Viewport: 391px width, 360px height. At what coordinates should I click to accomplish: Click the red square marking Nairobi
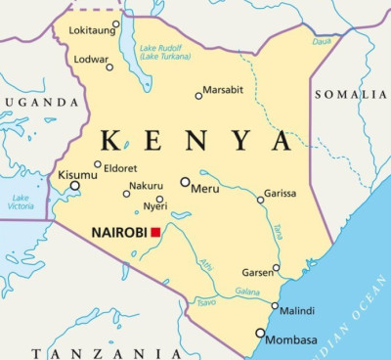click(155, 233)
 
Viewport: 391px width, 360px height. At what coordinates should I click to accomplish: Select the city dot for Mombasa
click(260, 333)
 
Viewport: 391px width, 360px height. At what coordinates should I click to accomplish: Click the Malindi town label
click(297, 311)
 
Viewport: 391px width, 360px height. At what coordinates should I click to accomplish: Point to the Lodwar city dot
click(109, 67)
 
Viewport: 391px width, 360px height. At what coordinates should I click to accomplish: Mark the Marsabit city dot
click(198, 96)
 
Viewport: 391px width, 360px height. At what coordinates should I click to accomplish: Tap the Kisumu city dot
click(74, 185)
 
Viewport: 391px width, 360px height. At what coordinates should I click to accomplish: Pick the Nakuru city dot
click(126, 194)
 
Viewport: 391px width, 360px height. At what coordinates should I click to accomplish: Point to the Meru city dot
click(185, 182)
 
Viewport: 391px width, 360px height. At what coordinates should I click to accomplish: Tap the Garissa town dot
click(260, 200)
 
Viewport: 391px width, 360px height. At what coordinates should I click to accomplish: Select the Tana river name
click(277, 231)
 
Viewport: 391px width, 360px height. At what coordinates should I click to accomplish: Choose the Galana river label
click(247, 292)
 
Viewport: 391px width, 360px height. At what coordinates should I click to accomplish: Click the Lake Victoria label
click(22, 202)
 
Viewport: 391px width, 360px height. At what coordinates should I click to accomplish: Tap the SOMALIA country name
click(349, 94)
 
